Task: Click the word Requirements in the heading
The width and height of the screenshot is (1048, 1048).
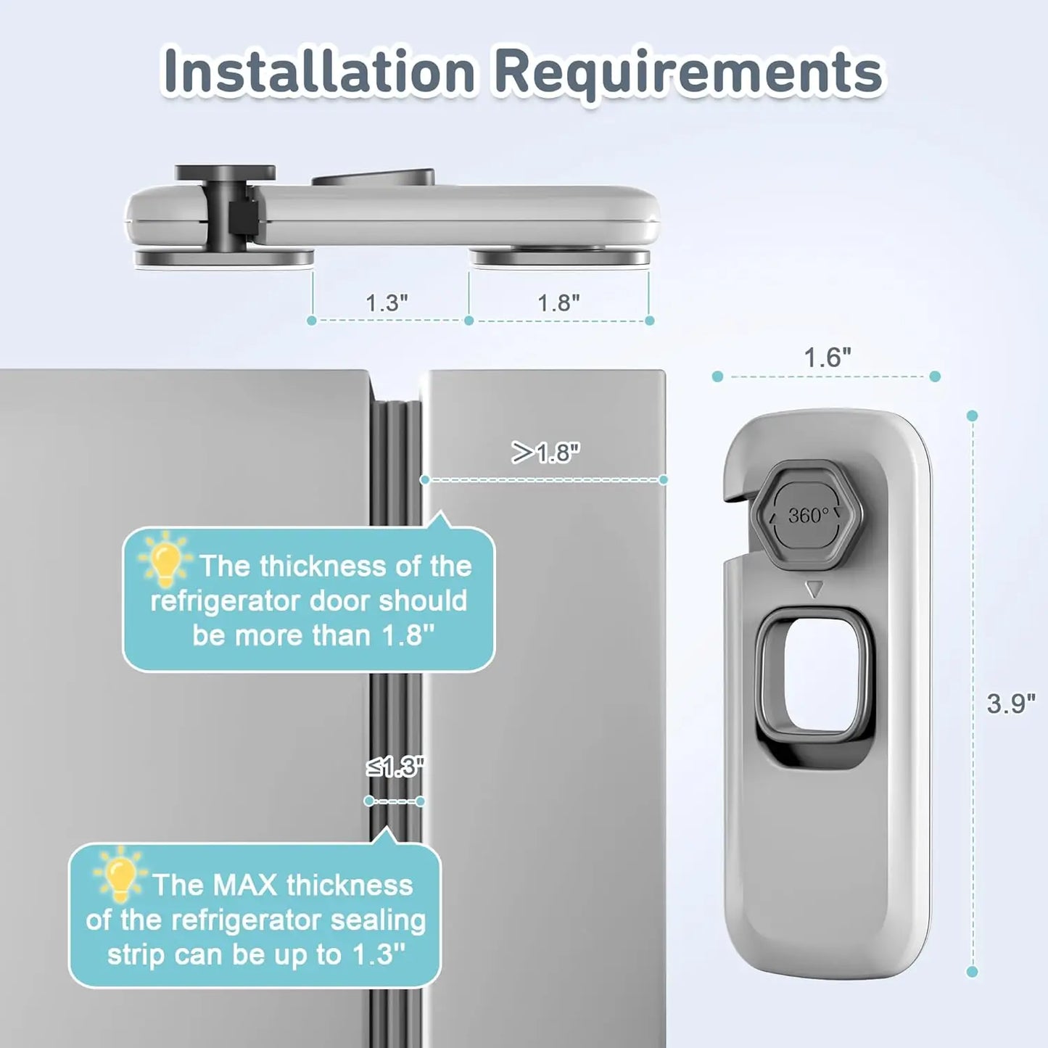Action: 689,73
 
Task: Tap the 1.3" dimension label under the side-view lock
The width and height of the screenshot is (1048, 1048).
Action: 387,302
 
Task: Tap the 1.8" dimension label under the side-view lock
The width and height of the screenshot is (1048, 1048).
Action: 558,302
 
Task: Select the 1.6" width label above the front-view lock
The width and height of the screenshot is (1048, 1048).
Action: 827,357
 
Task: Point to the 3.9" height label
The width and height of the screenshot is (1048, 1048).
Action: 1011,703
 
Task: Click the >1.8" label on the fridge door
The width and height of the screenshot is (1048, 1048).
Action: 545,453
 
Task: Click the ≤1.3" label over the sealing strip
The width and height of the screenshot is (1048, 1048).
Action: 395,767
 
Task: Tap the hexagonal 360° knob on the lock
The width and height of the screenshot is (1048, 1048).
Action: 807,516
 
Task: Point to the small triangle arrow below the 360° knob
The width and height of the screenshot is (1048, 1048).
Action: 814,589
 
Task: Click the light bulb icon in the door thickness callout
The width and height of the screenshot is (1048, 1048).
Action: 166,559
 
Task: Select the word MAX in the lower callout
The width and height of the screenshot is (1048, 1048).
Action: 244,886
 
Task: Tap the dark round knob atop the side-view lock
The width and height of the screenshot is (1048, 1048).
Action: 225,173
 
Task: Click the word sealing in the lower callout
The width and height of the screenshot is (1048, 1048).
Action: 378,920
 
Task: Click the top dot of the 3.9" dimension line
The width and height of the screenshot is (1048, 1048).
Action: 973,416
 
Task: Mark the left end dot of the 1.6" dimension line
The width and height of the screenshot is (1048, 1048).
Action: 717,376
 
